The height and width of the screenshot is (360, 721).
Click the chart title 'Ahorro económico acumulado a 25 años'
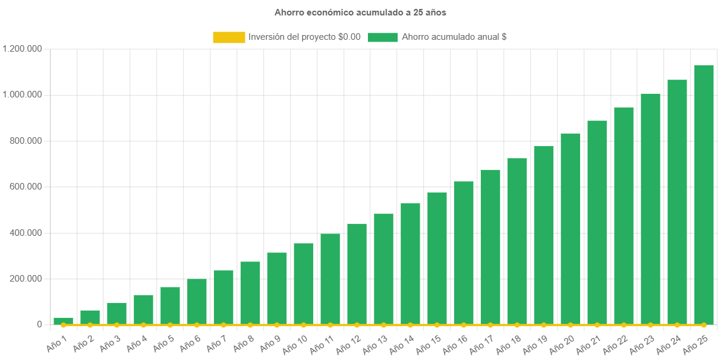coord(360,12)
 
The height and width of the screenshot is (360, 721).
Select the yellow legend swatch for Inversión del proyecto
coord(229,37)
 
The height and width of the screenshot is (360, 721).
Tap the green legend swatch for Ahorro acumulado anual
coord(382,37)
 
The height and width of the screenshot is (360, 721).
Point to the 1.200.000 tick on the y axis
coord(22,49)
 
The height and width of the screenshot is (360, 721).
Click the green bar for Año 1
coord(63,321)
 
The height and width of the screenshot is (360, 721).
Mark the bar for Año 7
coord(223,297)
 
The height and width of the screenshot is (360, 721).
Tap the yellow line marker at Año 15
coord(437,325)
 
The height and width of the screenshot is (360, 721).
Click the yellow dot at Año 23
coord(650,325)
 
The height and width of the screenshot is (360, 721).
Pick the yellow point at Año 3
coord(117,325)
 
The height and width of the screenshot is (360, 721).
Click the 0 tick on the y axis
coord(40,324)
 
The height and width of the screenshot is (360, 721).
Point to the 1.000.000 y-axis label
coord(22,94)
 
